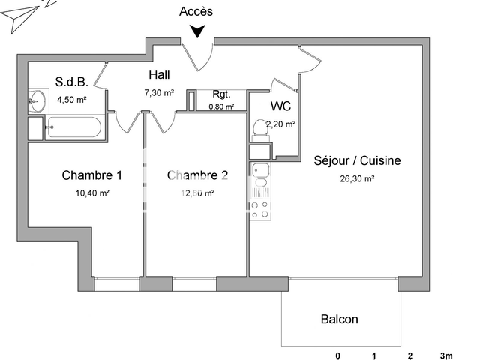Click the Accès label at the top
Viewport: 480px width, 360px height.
point(196,11)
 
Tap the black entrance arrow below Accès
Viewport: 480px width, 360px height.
point(197,31)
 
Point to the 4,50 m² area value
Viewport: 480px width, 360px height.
point(72,97)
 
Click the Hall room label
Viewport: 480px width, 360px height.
point(159,75)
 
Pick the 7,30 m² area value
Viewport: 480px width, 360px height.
point(159,93)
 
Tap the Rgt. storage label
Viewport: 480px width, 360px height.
point(221,94)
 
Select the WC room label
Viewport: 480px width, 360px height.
point(281,106)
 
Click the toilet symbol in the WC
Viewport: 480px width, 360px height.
point(259,129)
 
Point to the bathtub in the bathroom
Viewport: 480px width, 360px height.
point(73,127)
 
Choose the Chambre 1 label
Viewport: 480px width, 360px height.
point(91,176)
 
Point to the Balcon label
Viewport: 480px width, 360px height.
point(340,319)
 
